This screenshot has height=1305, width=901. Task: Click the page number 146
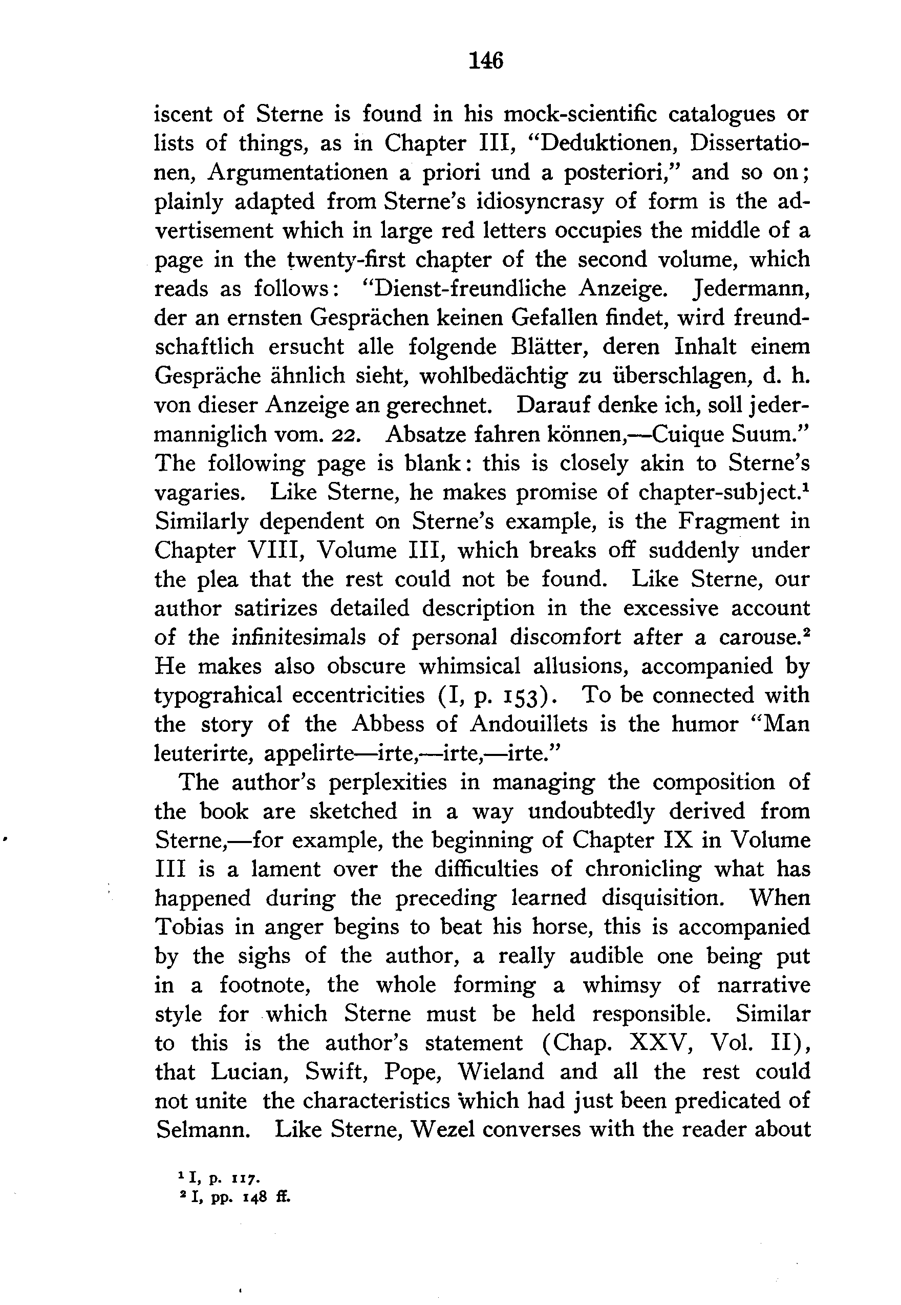click(486, 60)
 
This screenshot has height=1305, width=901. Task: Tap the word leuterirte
click(202, 754)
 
